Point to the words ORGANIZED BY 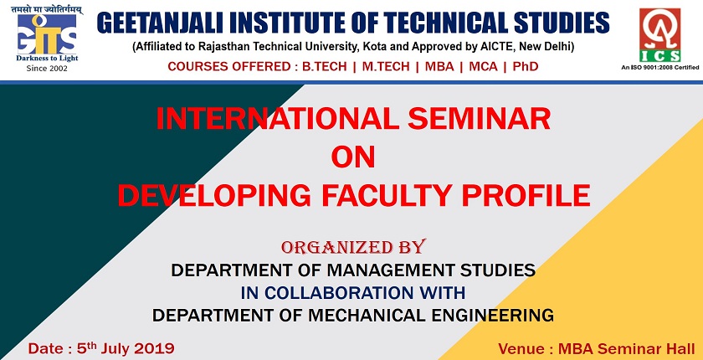pyautogui.click(x=353, y=247)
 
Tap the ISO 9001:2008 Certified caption pyautogui.click(x=659, y=65)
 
